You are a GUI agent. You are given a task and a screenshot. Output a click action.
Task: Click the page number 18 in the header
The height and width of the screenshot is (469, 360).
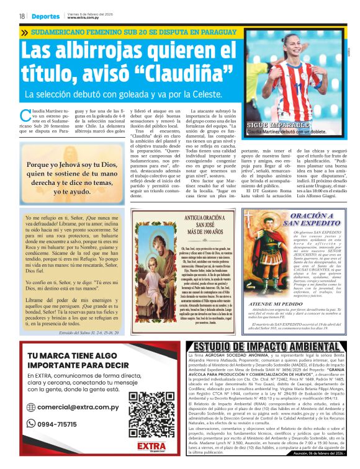[x=22, y=16]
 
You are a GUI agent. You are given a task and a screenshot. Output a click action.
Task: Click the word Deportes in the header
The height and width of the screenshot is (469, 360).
[x=47, y=16]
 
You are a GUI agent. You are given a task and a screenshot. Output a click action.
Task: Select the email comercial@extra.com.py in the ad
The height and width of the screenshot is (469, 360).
[x=84, y=407]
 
